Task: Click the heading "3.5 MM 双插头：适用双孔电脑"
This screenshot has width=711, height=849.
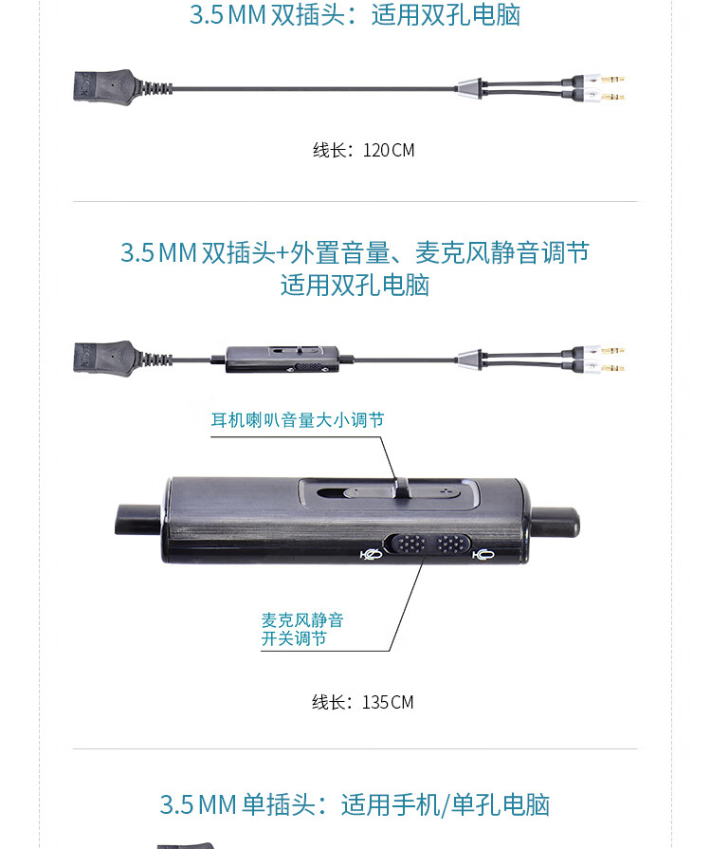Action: (x=355, y=15)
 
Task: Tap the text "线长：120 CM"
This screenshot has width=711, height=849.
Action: (x=364, y=150)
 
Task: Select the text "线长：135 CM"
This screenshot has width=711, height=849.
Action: (x=363, y=702)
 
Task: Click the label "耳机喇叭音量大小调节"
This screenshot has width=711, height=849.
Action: (x=298, y=419)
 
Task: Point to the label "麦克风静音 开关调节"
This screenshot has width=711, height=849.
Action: (x=302, y=629)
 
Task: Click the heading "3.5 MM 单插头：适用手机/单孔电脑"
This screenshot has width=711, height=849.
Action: (x=355, y=804)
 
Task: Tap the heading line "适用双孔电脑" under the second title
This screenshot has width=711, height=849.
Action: (x=355, y=285)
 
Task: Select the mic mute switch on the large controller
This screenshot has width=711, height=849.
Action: (x=426, y=545)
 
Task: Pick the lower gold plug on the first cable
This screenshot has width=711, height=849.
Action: (x=603, y=97)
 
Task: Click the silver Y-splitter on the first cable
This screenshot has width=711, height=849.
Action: (x=473, y=89)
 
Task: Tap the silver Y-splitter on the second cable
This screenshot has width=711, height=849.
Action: (x=473, y=359)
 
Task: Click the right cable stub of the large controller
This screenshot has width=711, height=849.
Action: (x=555, y=521)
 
